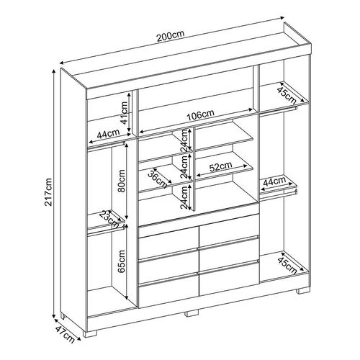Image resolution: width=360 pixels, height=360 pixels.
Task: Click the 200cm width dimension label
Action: pyautogui.click(x=171, y=35)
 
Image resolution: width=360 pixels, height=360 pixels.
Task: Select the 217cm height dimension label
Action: pyautogui.click(x=48, y=192)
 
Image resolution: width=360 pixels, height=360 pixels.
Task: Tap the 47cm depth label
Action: pyautogui.click(x=65, y=334)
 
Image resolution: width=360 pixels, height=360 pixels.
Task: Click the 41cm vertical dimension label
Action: pyautogui.click(x=124, y=113)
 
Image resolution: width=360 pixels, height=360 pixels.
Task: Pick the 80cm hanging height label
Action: pyautogui.click(x=121, y=181)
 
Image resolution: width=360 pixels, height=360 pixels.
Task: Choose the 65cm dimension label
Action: pyautogui.click(x=122, y=261)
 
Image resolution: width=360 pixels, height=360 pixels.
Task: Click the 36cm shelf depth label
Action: pyautogui.click(x=158, y=179)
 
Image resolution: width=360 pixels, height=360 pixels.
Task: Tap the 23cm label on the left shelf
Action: pyautogui.click(x=109, y=219)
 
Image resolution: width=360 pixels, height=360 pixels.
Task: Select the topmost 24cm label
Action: pyautogui.click(x=184, y=140)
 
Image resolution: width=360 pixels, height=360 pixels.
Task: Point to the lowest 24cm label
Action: pyautogui.click(x=184, y=197)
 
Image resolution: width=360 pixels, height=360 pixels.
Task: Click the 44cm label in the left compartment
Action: pyautogui.click(x=108, y=134)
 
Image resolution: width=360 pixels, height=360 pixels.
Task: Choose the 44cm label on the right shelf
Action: pyautogui.click(x=274, y=181)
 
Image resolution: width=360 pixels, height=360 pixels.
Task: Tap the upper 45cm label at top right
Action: pyautogui.click(x=287, y=95)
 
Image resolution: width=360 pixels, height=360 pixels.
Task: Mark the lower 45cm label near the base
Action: pyautogui.click(x=287, y=266)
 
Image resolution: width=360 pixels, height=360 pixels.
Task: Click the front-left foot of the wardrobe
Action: pyautogui.click(x=90, y=333)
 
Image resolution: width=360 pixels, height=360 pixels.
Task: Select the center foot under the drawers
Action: pyautogui.click(x=192, y=312)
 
